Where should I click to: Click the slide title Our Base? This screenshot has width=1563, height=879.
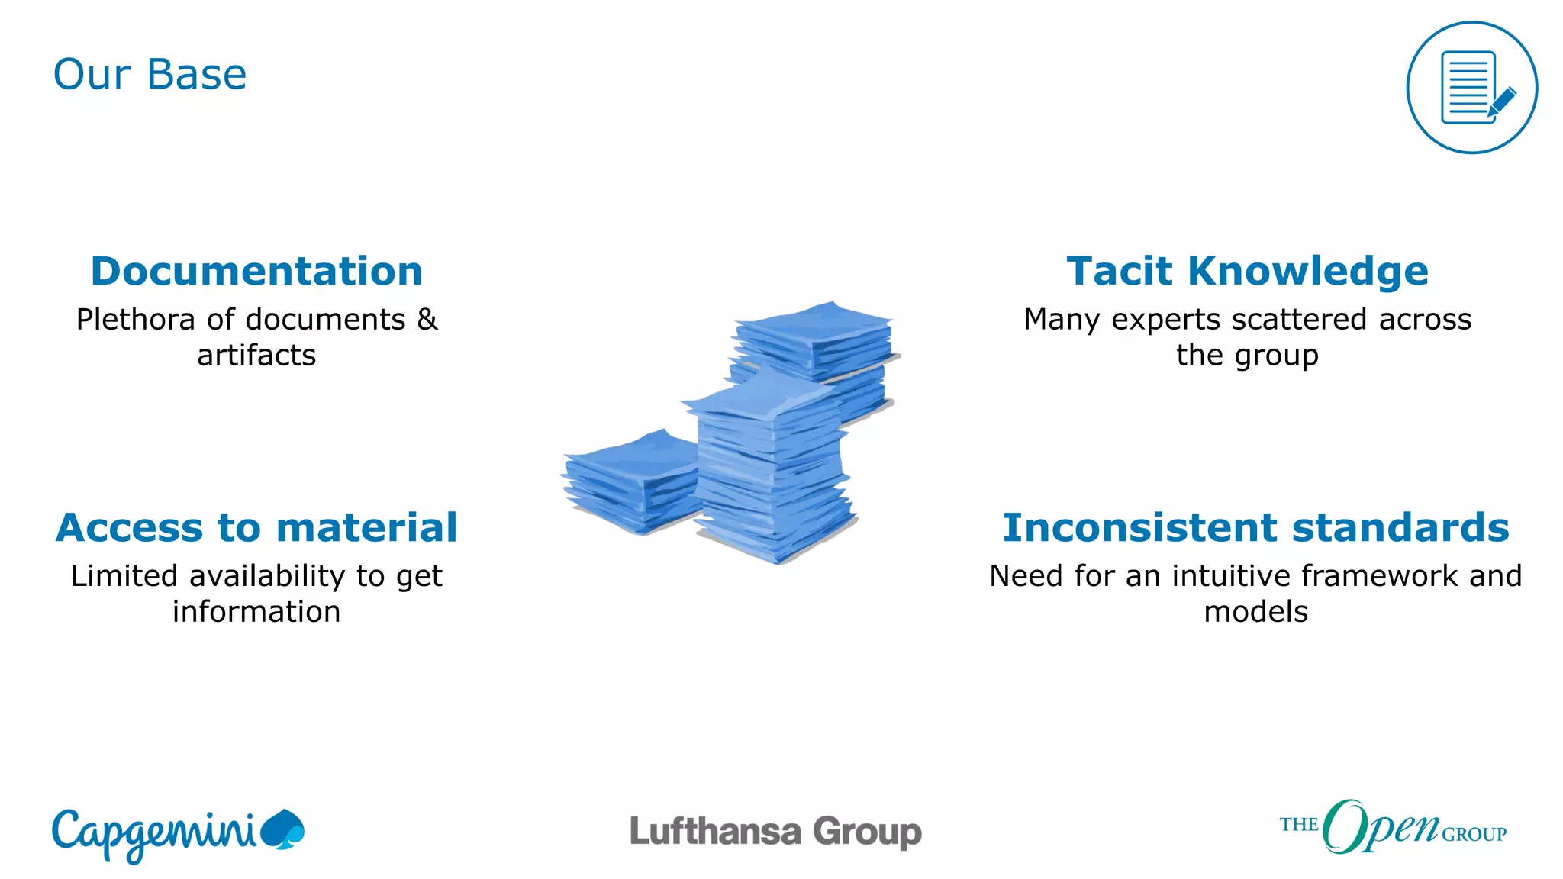pos(150,75)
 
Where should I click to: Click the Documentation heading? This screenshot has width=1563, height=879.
pos(256,271)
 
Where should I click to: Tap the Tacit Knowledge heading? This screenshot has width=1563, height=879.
pos(1247,271)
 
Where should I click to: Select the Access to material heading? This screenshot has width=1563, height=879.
pos(256,527)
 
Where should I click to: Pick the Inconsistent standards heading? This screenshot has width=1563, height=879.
pos(1255,527)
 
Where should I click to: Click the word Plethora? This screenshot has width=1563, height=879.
pos(136,320)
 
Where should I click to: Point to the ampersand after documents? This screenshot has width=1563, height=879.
pos(427,320)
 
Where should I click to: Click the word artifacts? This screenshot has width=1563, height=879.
pos(256,356)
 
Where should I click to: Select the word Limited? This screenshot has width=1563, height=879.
pos(124,576)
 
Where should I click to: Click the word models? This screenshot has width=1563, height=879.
pos(1255,612)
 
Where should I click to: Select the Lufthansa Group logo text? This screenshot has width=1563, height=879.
pos(775,832)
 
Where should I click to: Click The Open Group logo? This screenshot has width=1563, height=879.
pos(1393,827)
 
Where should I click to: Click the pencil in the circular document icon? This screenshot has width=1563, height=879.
pos(1501,102)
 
